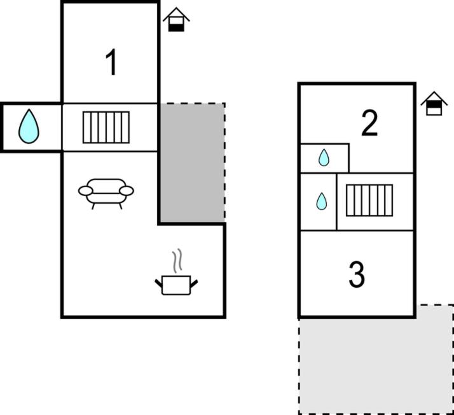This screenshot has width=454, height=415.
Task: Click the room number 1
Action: [111, 62]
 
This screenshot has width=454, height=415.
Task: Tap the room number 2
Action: [369, 123]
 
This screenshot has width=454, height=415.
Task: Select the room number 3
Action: [357, 274]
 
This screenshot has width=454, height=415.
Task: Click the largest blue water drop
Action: [29, 127]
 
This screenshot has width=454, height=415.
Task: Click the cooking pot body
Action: [176, 285]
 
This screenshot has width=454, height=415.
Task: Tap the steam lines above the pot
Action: [177, 260]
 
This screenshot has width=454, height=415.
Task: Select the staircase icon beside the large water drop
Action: [106, 127]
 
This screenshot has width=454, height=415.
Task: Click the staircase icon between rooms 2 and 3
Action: [369, 200]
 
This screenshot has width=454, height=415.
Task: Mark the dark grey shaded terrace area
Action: [192, 162]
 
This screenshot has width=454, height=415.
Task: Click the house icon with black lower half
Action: [176, 20]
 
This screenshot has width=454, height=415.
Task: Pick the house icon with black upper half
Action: [434, 104]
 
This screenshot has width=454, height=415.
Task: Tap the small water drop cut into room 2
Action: [324, 158]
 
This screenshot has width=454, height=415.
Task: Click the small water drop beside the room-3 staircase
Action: [321, 201]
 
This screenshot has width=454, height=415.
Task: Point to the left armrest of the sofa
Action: [86, 191]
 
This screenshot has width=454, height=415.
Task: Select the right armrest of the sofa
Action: [127, 191]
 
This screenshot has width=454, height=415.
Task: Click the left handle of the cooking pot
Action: [158, 283]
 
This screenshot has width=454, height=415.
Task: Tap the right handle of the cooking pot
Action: [194, 283]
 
